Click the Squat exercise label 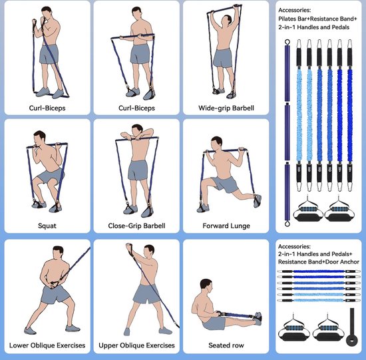coord(47,226)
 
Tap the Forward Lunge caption coord(226,226)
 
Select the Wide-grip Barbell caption coord(226,108)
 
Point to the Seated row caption coord(226,345)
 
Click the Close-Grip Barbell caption coord(136,226)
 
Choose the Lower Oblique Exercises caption coord(47,345)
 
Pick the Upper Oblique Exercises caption coord(136,345)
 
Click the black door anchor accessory coord(351,327)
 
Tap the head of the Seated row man coord(206,285)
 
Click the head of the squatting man coord(39,138)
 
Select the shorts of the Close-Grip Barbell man coord(138,170)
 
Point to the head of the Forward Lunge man coord(217,143)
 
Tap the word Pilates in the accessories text coord(286,19)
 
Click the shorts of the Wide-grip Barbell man coord(223,58)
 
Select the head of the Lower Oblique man coord(58,252)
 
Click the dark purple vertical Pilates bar coord(287,133)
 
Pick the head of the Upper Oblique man coord(149,252)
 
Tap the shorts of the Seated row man coord(214,323)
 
